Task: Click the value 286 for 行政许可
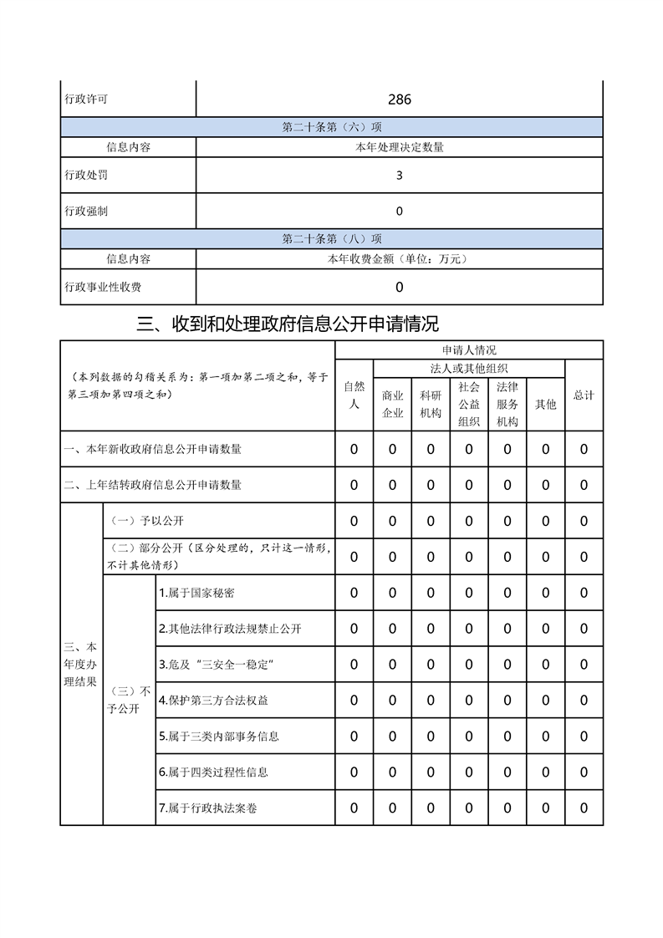(x=399, y=99)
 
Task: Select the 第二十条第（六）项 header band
(x=332, y=127)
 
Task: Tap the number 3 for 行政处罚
(x=399, y=176)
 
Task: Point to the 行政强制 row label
(x=86, y=212)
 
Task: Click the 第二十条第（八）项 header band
(x=332, y=239)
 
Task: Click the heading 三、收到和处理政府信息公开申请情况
(x=288, y=324)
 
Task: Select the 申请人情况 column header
(x=469, y=350)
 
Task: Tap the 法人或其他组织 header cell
(x=469, y=369)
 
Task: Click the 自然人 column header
(x=354, y=395)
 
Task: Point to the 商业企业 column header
(x=393, y=405)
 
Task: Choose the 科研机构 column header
(x=431, y=405)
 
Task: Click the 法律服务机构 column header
(x=507, y=405)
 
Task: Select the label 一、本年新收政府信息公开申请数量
(x=153, y=449)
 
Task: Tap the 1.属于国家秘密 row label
(x=196, y=593)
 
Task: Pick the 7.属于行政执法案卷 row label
(x=213, y=808)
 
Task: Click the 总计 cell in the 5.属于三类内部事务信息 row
(x=584, y=737)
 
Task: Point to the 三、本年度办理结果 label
(x=81, y=665)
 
